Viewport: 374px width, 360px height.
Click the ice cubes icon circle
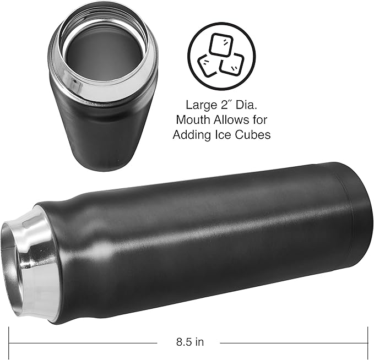[x=221, y=53]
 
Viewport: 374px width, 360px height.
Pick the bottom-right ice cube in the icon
[x=231, y=64]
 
